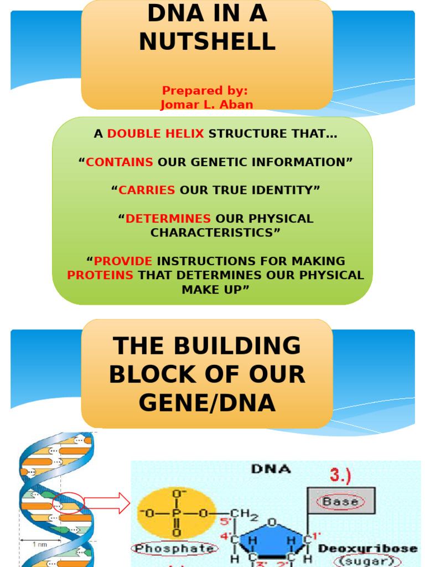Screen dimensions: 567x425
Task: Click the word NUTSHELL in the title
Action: [207, 42]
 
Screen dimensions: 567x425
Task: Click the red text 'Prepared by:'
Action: [205, 91]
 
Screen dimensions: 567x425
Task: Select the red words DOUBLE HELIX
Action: [156, 133]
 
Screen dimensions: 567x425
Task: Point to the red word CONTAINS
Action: [120, 162]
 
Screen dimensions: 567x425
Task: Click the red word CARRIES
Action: [147, 190]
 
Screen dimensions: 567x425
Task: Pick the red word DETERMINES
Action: [168, 219]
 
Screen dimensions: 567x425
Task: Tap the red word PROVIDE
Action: [123, 261]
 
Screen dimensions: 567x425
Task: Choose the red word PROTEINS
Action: [100, 275]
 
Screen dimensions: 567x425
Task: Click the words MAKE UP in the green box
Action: [212, 290]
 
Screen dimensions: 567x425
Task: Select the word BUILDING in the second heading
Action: [238, 347]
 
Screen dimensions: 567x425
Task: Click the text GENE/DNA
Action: [207, 403]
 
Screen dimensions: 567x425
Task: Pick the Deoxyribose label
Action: [367, 548]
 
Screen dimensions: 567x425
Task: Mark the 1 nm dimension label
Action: [40, 544]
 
